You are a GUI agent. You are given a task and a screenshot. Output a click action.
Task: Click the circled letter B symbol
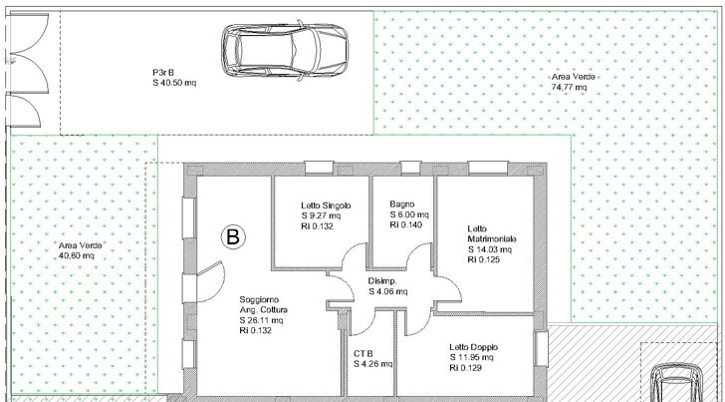pos(233,237)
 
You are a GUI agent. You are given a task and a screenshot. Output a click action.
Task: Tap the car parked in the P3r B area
pos(285,51)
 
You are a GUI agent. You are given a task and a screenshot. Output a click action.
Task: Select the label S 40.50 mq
pos(174,83)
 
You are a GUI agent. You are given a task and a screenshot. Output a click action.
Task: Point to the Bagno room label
pos(401,204)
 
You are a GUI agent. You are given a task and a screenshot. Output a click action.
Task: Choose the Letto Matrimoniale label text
pos(492,233)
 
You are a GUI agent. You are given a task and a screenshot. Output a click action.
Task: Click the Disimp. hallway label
pos(382,281)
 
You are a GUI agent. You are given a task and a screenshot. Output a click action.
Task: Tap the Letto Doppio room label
pos(473,347)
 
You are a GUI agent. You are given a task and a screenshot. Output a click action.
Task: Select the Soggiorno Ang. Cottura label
pos(264,305)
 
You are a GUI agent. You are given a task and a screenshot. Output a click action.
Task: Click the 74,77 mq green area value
pos(569,87)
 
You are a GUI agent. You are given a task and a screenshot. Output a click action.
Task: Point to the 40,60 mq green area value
pos(77,255)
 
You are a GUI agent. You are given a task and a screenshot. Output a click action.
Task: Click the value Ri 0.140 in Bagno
pos(406,225)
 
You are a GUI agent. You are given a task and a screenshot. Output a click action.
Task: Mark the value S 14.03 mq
pos(489,249)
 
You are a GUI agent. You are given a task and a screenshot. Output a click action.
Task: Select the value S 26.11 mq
pos(261,320)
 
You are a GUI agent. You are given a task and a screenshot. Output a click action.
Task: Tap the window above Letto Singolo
pos(319,168)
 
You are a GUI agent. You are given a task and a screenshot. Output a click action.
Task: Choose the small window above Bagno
pos(410,168)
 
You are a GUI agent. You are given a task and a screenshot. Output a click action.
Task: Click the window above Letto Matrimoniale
pos(488,168)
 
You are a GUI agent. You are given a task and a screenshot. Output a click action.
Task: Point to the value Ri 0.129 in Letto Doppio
pos(465,368)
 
